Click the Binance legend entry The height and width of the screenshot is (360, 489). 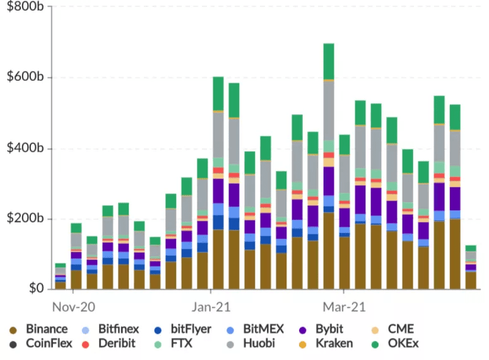click(x=38, y=329)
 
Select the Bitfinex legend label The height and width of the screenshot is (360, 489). click(x=110, y=329)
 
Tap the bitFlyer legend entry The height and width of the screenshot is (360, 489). click(x=183, y=329)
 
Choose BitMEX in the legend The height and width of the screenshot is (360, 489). click(x=255, y=329)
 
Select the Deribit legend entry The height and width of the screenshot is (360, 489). click(x=109, y=344)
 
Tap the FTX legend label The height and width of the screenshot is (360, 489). click(x=173, y=344)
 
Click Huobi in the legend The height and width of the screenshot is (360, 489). click(x=250, y=344)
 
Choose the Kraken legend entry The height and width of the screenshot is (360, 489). click(x=326, y=344)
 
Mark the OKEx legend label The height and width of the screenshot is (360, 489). click(x=395, y=344)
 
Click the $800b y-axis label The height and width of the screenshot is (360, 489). click(x=25, y=6)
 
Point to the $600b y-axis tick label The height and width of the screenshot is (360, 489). click(x=25, y=76)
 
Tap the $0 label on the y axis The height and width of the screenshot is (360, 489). click(x=36, y=288)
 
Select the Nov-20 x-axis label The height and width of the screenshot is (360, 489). click(x=74, y=307)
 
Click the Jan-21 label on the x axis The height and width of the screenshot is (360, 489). click(x=211, y=307)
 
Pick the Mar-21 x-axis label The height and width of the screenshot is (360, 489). click(x=344, y=307)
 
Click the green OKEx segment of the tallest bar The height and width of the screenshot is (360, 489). click(x=329, y=61)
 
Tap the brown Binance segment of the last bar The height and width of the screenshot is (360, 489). click(x=471, y=280)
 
